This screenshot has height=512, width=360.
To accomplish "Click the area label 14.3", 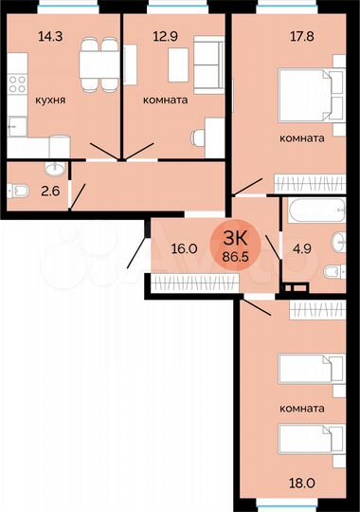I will pos(26,38).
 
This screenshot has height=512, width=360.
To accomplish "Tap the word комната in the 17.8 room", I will pos(302,137).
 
